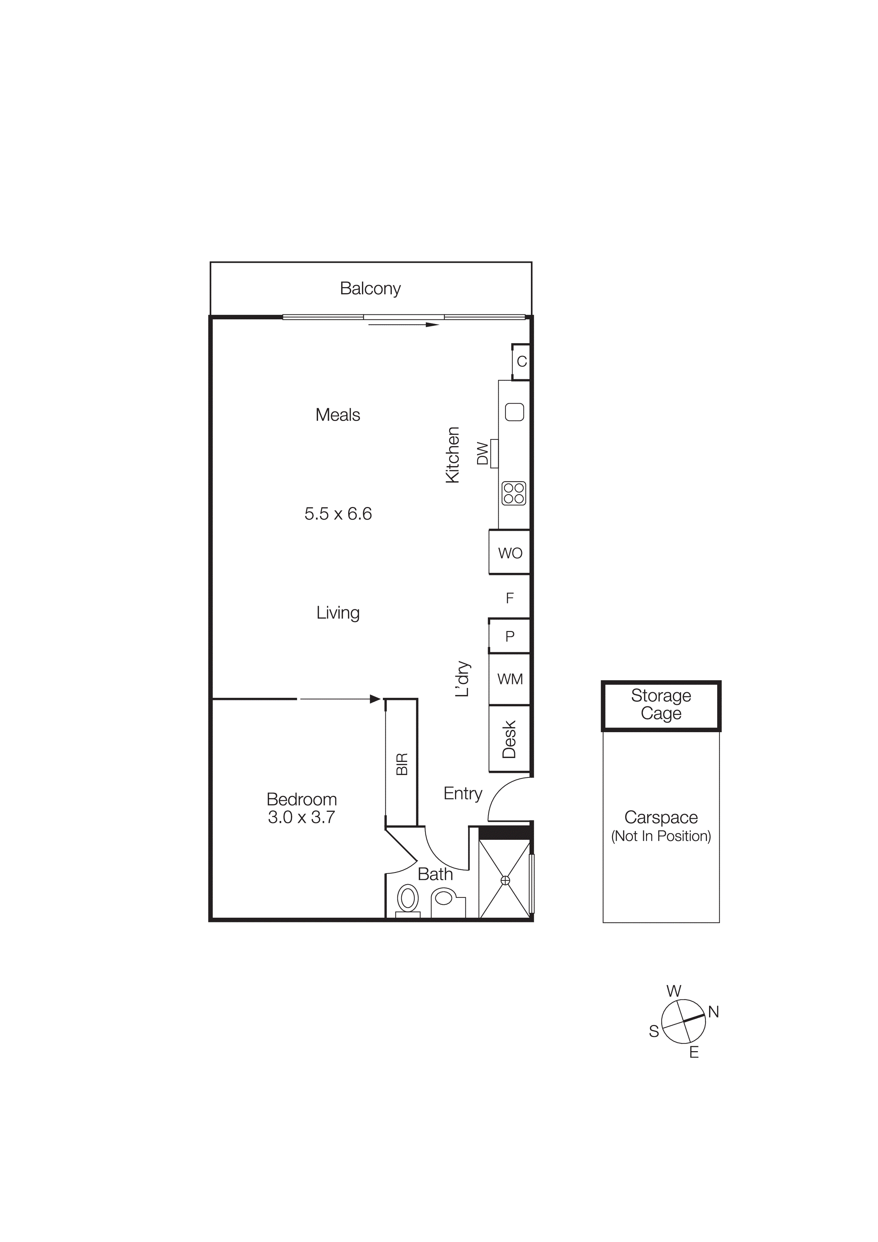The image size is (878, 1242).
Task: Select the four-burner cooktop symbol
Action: (x=514, y=493)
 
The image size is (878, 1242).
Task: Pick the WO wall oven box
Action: (x=510, y=552)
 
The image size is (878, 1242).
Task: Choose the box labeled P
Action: (x=510, y=636)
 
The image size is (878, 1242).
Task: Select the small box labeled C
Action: (x=521, y=361)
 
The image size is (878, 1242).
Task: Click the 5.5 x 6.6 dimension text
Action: (x=338, y=513)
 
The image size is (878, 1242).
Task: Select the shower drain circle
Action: (x=505, y=881)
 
